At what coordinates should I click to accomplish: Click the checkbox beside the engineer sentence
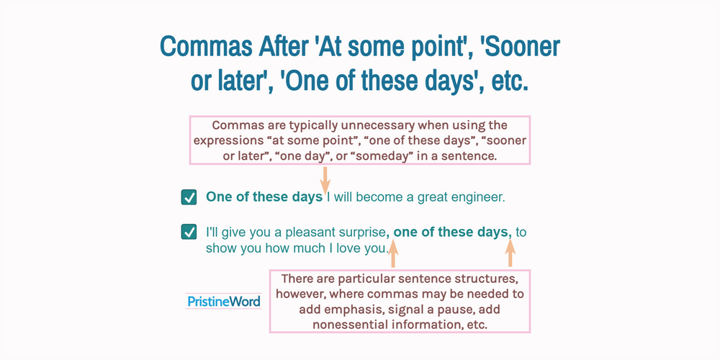[x=189, y=197]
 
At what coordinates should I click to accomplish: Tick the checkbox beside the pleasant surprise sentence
[x=189, y=232]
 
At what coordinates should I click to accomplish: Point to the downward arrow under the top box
[x=325, y=181]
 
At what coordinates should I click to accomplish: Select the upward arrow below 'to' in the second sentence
[x=510, y=253]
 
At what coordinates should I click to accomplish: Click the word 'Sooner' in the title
[x=519, y=47]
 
